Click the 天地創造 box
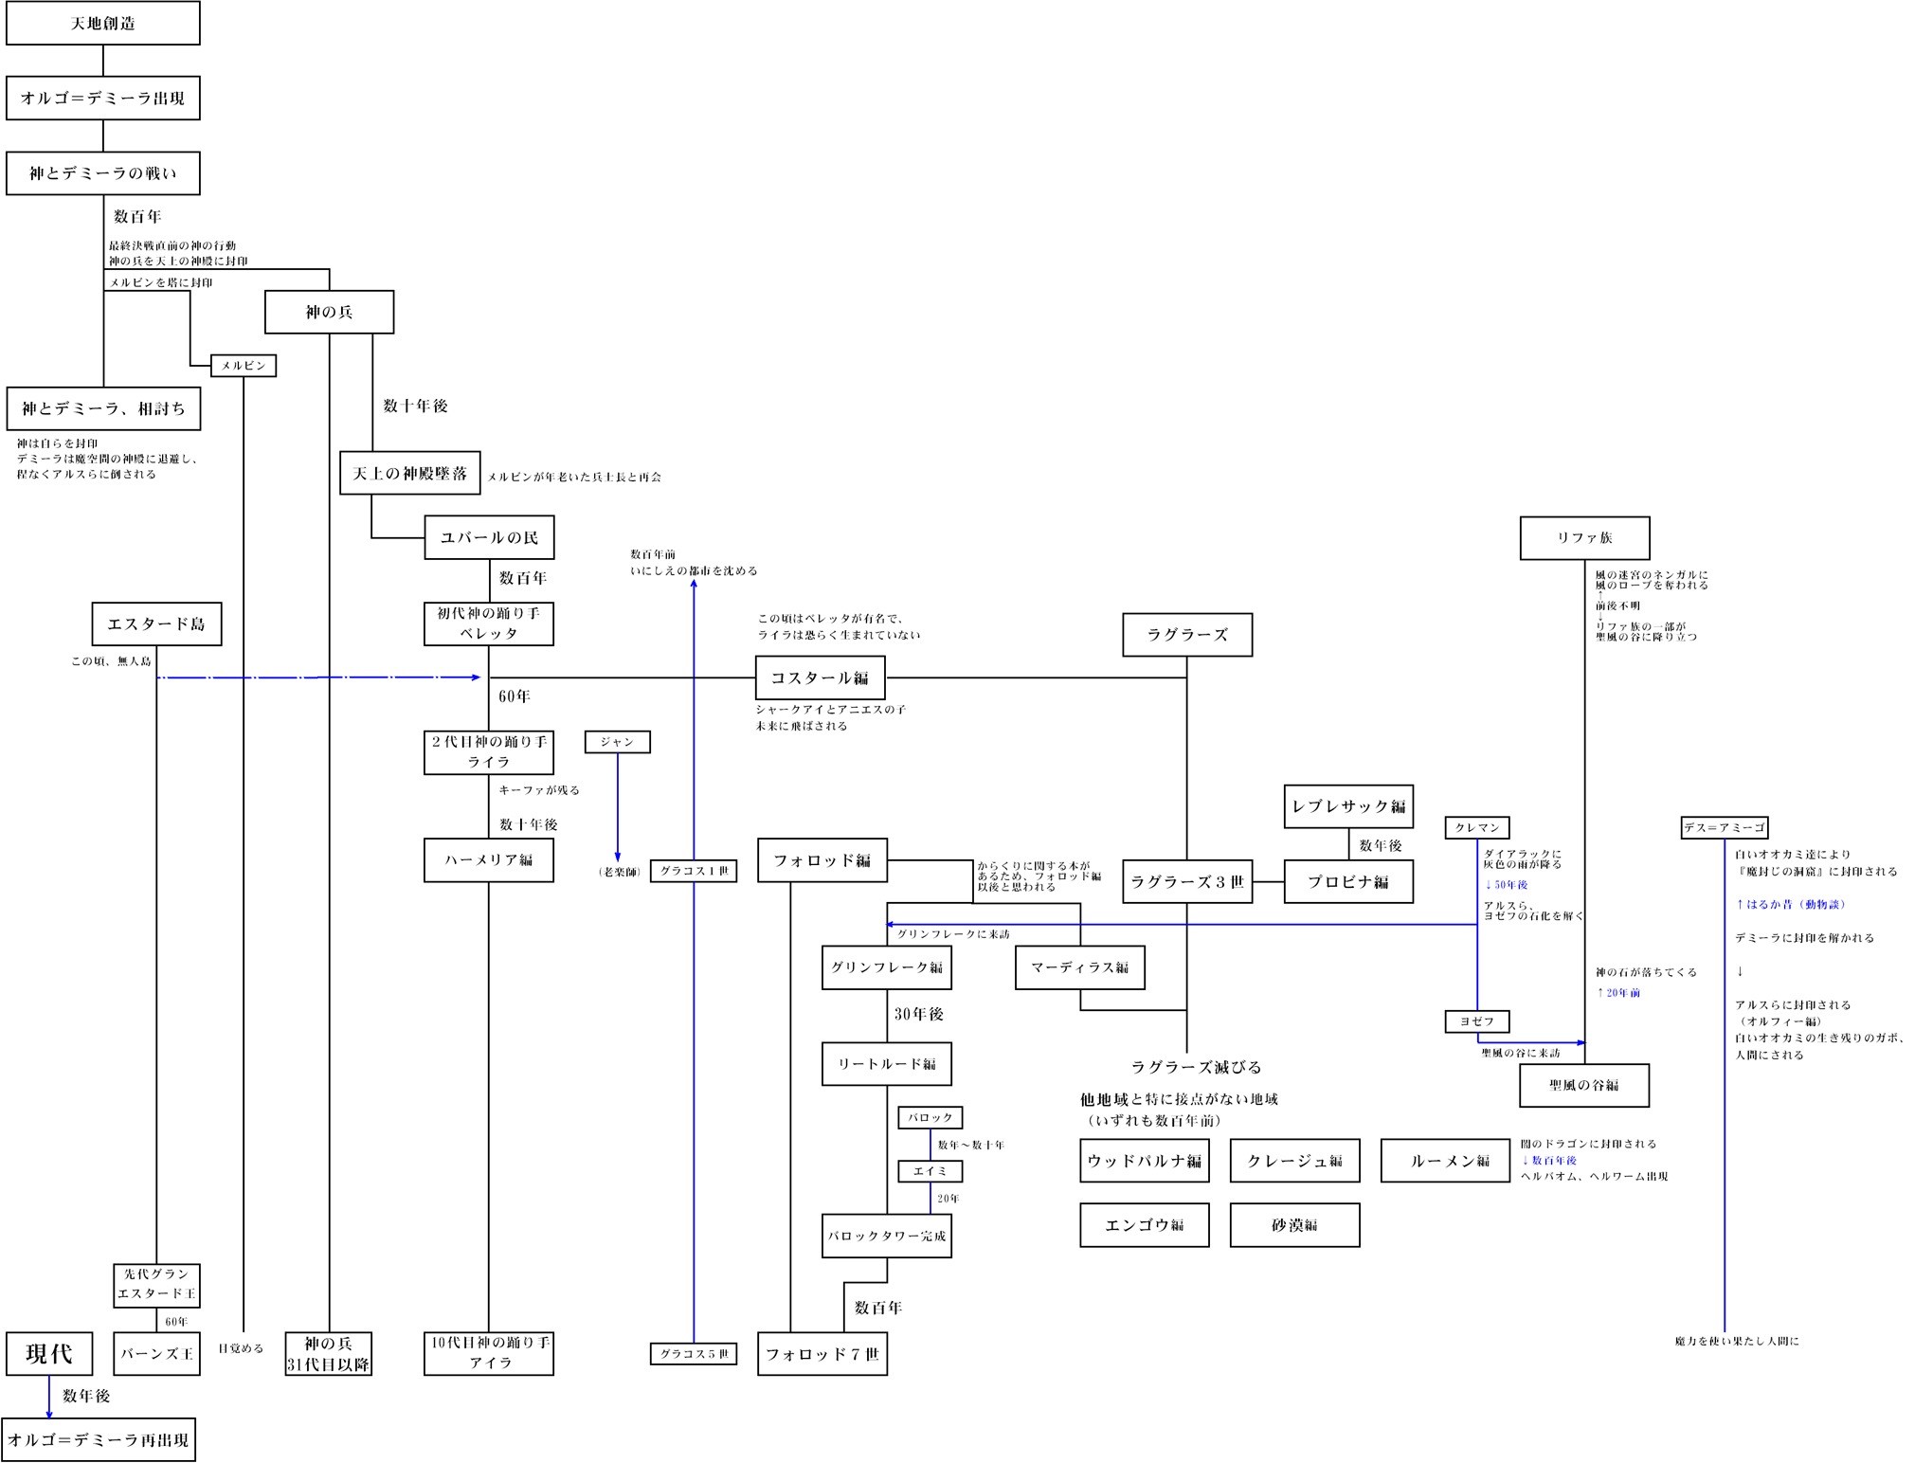pos(102,23)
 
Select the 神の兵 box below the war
pos(329,312)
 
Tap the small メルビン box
pos(244,366)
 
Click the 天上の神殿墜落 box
pos(409,473)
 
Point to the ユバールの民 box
pos(489,537)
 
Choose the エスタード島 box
pos(156,623)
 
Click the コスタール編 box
pos(820,677)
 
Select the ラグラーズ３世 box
pos(1186,881)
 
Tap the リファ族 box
pos(1584,537)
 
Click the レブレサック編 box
pos(1348,806)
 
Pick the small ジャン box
pos(617,742)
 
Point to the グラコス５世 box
pos(694,1354)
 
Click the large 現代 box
pos(49,1353)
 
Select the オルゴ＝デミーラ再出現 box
pos(99,1439)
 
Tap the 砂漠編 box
pos(1294,1225)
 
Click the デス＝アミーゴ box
pos(1725,827)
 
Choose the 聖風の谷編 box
pos(1583,1085)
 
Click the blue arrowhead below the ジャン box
pos(618,857)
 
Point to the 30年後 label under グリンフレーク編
pos(918,1014)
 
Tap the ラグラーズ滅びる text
pos(1196,1067)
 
